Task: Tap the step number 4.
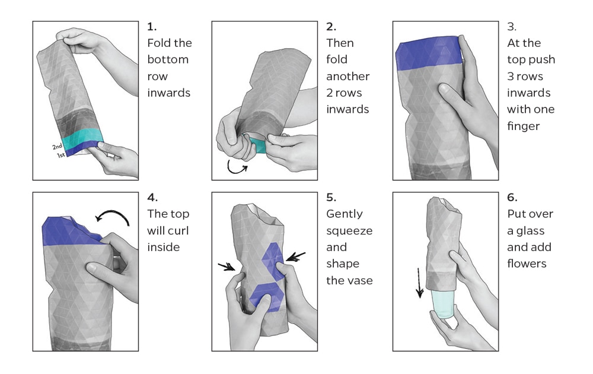tap(151, 198)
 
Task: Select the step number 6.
tap(511, 198)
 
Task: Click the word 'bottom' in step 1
tap(168, 60)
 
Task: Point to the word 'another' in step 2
tap(348, 77)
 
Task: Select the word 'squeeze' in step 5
tap(349, 231)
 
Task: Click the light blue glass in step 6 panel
tap(442, 303)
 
